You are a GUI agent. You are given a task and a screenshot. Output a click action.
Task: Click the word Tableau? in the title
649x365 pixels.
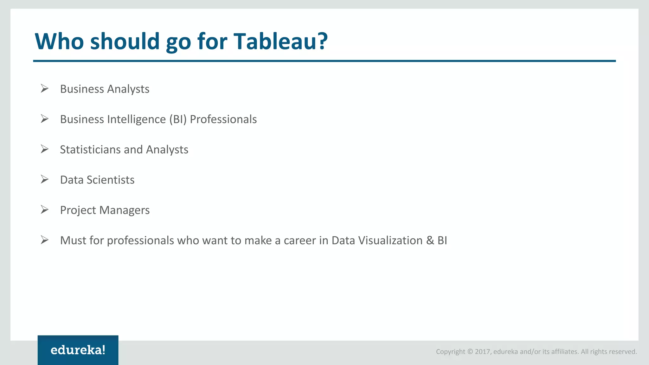click(280, 42)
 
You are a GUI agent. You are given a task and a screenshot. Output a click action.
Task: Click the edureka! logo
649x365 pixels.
click(78, 350)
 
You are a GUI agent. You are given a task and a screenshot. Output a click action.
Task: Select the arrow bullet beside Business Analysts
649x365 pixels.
click(44, 88)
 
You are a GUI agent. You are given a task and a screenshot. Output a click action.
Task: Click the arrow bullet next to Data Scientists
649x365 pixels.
click(44, 179)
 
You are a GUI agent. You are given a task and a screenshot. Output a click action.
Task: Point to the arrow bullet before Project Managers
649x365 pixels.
click(44, 209)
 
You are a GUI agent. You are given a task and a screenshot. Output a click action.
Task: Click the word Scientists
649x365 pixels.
click(111, 180)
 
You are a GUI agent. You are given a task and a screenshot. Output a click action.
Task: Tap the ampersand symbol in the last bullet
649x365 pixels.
click(430, 240)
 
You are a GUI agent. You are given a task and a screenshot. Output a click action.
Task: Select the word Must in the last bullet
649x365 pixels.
click(73, 240)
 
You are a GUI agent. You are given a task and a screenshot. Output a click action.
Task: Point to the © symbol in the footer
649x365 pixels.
click(470, 352)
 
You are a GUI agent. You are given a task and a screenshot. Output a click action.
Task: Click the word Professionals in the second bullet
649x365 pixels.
click(223, 119)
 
